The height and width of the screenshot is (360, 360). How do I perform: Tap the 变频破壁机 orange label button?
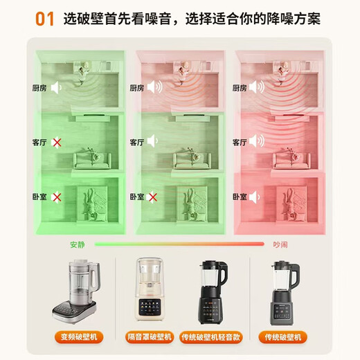pos(85,337)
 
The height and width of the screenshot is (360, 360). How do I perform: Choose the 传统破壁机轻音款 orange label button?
pos(215,337)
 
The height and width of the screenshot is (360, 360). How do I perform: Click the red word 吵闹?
pos(281,244)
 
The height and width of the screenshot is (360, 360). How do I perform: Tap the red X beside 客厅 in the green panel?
pos(57,143)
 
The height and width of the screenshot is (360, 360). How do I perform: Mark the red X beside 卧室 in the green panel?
pos(57,197)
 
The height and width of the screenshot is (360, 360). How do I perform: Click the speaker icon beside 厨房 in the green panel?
pos(57,88)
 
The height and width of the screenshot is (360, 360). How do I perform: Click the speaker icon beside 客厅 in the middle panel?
pos(156,143)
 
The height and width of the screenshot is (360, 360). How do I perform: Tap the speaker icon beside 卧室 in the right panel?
pos(256,197)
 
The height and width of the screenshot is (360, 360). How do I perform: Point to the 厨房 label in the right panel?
pos(240,88)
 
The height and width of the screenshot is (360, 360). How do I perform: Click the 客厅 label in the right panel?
pos(240,143)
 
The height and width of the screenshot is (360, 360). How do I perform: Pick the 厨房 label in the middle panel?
pos(137,88)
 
